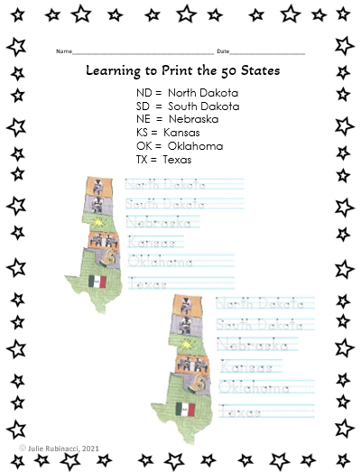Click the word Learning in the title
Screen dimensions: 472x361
[113, 69]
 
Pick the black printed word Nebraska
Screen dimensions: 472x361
[184, 119]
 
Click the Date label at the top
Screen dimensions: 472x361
[223, 51]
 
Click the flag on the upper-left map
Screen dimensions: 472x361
[97, 282]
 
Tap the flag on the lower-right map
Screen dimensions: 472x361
[186, 409]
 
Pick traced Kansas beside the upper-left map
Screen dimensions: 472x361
[153, 242]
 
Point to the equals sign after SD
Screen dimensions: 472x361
[158, 106]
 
